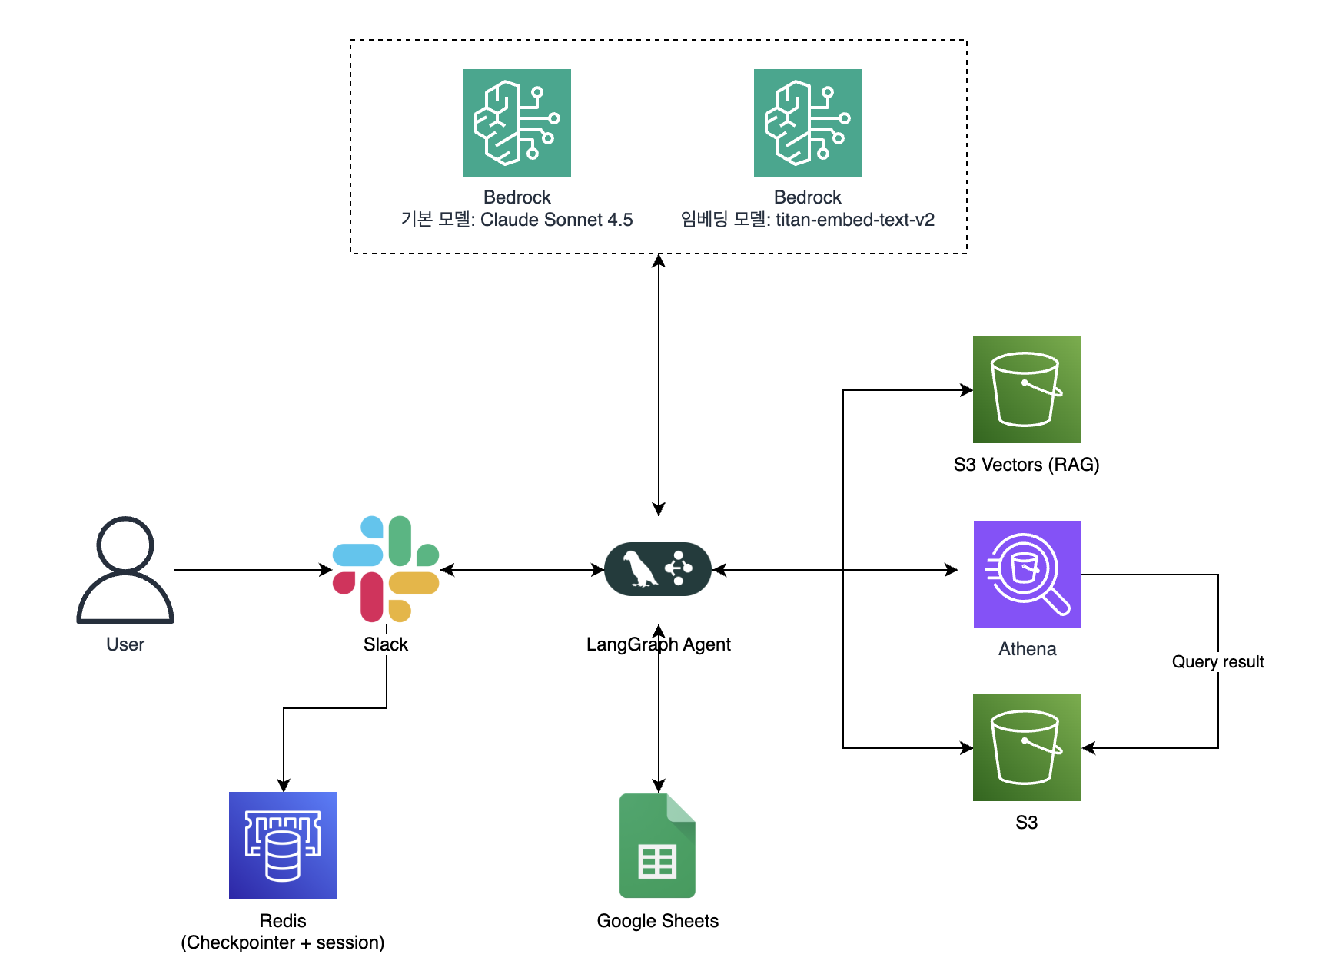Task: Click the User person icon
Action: pyautogui.click(x=125, y=569)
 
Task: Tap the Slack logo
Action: pyautogui.click(x=386, y=569)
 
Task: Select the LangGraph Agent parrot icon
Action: pyautogui.click(x=658, y=569)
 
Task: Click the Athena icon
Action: pyautogui.click(x=1027, y=575)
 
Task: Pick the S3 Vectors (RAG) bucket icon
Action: pyautogui.click(x=1026, y=389)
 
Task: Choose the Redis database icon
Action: pyautogui.click(x=283, y=845)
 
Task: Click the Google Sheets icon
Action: pyautogui.click(x=657, y=845)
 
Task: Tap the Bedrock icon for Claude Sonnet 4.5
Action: pyautogui.click(x=517, y=123)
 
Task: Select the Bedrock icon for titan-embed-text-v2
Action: pyautogui.click(x=807, y=123)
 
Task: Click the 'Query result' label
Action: pyautogui.click(x=1217, y=662)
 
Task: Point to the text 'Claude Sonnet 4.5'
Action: pyautogui.click(x=556, y=220)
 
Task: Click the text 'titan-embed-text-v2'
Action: pyautogui.click(x=855, y=220)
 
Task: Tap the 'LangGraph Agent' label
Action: pyautogui.click(x=658, y=644)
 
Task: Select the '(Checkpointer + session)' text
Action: pyautogui.click(x=283, y=942)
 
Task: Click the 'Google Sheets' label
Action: pyautogui.click(x=657, y=921)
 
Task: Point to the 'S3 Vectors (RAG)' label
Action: pyautogui.click(x=1026, y=465)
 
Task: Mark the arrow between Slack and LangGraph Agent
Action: pyautogui.click(x=523, y=570)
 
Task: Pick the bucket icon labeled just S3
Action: pyautogui.click(x=1026, y=747)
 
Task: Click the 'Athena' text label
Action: pyautogui.click(x=1027, y=649)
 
